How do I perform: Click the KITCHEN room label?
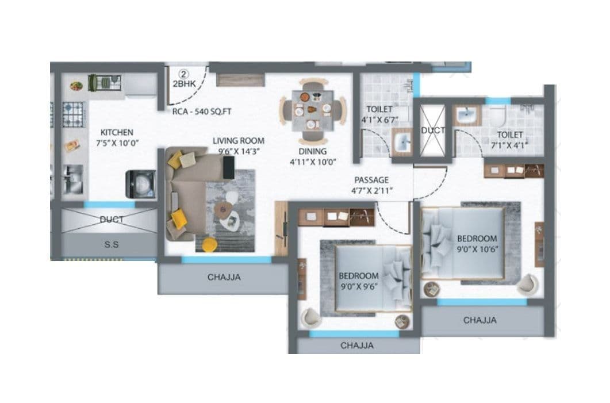coord(117,132)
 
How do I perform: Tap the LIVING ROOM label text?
coord(239,140)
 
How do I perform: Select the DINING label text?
coord(313,151)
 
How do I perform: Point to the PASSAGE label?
coord(371,180)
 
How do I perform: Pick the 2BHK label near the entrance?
coord(183,84)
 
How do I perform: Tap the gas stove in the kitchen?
coord(74,114)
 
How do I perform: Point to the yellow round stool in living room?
coord(210,245)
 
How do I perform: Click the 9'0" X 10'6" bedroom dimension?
coord(477,249)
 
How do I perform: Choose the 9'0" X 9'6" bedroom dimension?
coord(358,287)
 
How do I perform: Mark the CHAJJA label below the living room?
coord(224,278)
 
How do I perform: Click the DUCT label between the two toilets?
coord(433,131)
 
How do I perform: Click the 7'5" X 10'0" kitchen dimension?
coord(117,143)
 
